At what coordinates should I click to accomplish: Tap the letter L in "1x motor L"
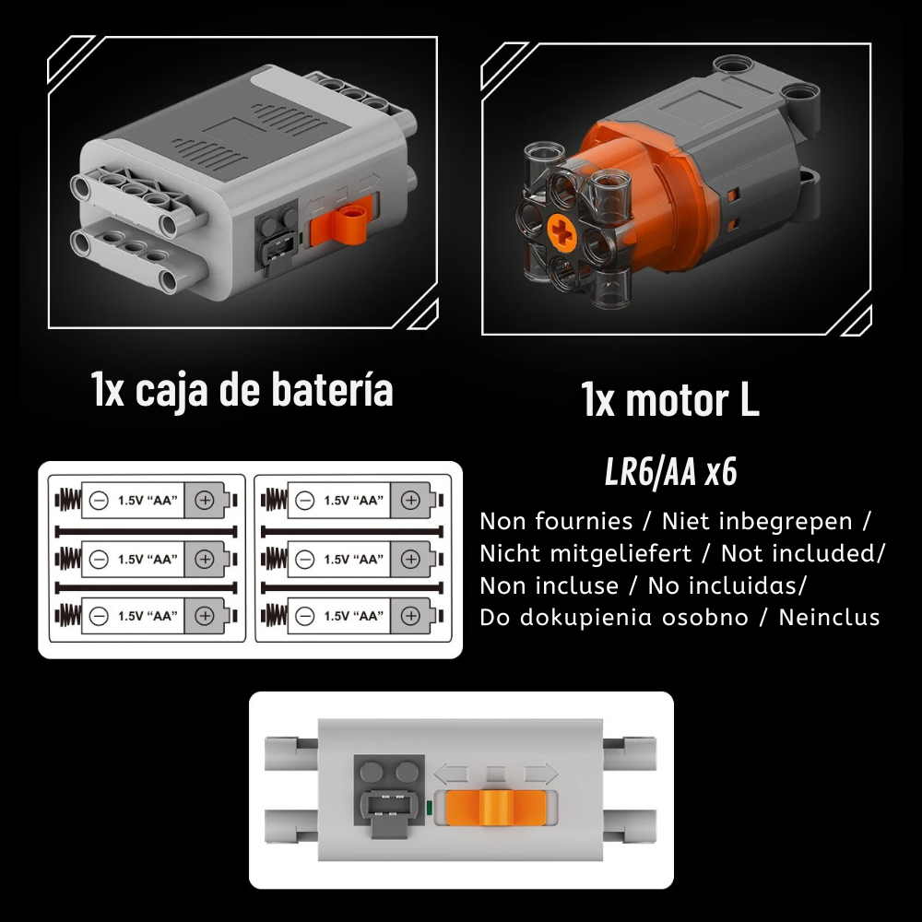coord(749,400)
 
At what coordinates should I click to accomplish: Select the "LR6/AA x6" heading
coord(670,471)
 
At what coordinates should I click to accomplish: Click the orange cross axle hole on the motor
coord(562,231)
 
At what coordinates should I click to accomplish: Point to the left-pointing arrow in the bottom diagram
coord(452,774)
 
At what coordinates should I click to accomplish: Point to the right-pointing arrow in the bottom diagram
coord(540,774)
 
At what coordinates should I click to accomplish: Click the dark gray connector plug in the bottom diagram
coord(389,808)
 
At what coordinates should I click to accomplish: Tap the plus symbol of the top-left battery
coord(204,501)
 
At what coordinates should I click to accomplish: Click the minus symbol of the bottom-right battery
coord(304,616)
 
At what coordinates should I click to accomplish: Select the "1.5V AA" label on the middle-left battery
coord(147,559)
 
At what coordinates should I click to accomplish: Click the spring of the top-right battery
coord(274,501)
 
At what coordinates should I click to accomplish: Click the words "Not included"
coord(800,553)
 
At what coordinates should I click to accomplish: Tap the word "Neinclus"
coord(829,618)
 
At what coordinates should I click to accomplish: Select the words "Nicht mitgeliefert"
coord(585,553)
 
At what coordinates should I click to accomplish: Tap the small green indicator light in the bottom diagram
coord(430,808)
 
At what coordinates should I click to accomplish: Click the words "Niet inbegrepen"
coord(757,522)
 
